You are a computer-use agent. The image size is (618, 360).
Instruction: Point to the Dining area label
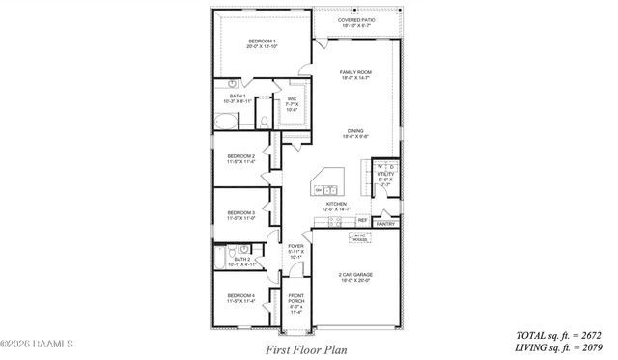(355, 134)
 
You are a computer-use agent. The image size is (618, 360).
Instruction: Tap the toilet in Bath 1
(263, 122)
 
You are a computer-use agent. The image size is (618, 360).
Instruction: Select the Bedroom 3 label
(240, 214)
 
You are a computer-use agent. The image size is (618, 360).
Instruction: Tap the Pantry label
(385, 224)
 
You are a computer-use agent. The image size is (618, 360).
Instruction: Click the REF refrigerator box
(363, 220)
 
